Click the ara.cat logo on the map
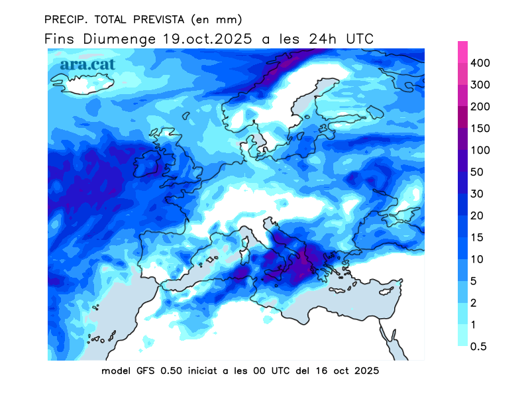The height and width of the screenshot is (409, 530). click(x=87, y=64)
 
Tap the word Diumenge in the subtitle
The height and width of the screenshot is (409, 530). click(x=119, y=38)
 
